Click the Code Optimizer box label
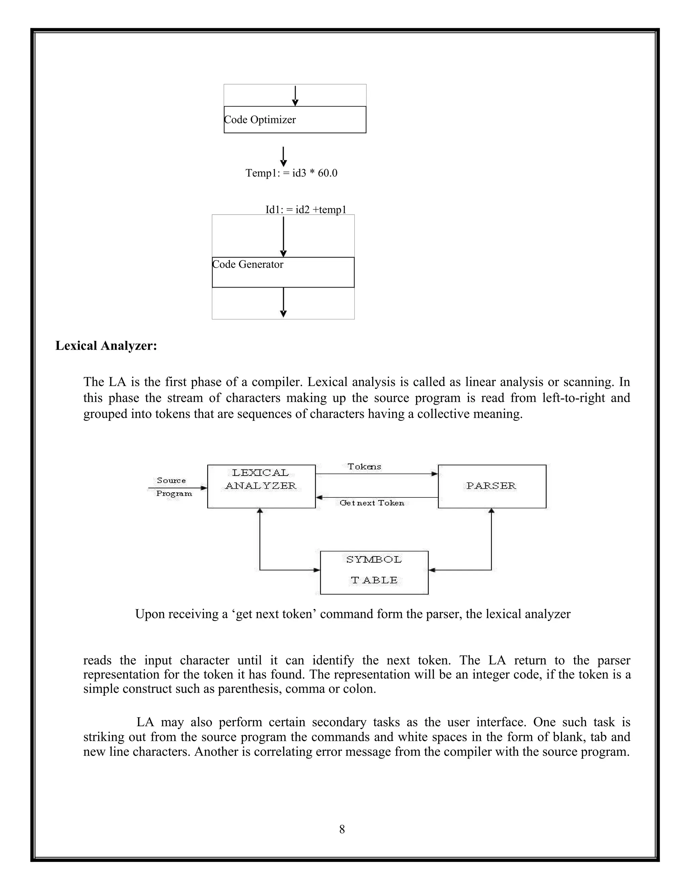(260, 120)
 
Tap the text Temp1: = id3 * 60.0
(291, 173)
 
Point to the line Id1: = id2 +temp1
(306, 210)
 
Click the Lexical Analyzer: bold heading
(106, 346)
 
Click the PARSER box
(491, 486)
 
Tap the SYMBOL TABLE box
(374, 573)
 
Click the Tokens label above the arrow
(364, 466)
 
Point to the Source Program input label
(173, 487)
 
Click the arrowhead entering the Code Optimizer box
(295, 103)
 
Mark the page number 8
(342, 829)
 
